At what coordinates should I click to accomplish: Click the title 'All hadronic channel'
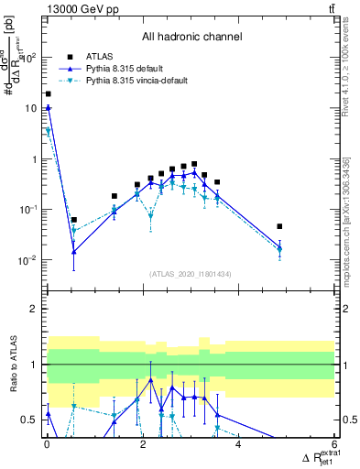tap(191, 38)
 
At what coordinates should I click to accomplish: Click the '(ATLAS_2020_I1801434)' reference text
tap(191, 274)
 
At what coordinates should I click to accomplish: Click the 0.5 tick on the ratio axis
tap(31, 420)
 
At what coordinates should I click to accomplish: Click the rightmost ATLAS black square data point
tap(279, 226)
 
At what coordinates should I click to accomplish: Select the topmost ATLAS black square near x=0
tap(48, 93)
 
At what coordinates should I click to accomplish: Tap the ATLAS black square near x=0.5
tap(73, 220)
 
